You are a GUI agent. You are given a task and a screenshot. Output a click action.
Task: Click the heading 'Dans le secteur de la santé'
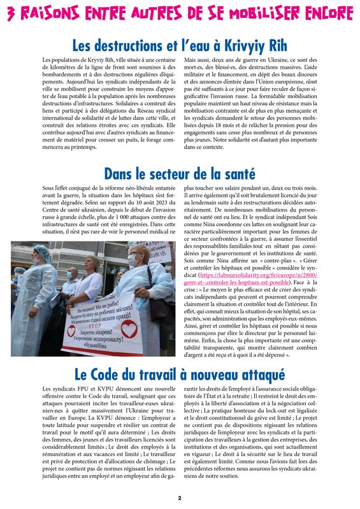click(x=180, y=173)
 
